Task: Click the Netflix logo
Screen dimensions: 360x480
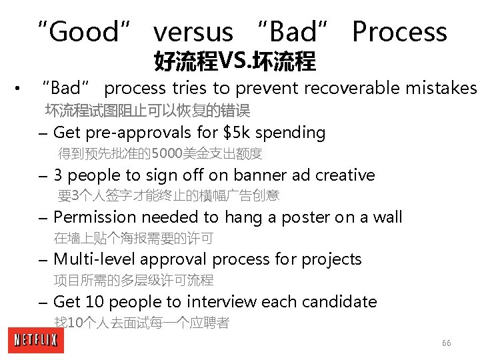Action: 37,341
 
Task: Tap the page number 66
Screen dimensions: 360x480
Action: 446,343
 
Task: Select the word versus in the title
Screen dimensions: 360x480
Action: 193,32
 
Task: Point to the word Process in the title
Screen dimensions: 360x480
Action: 399,32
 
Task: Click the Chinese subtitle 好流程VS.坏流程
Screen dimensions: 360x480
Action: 235,62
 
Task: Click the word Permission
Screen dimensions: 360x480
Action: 94,217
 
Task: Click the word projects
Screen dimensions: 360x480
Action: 331,259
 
